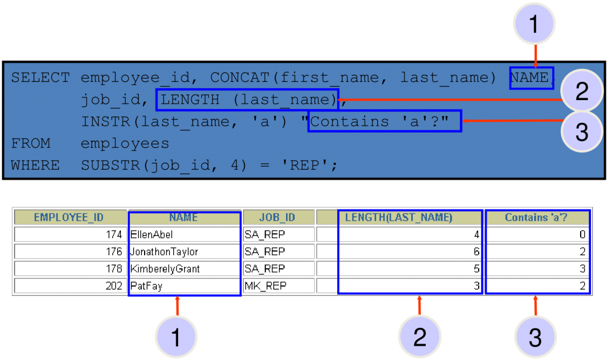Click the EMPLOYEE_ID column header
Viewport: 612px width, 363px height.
coord(69,218)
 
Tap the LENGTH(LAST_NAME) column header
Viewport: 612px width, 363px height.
coord(398,218)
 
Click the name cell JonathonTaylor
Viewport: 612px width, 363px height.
coord(164,252)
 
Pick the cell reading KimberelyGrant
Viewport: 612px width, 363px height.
coord(165,269)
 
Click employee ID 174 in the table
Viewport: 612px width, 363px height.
coord(114,234)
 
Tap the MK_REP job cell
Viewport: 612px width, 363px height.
coord(266,286)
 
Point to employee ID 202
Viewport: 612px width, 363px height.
coord(114,286)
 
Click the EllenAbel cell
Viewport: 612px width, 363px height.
coord(152,234)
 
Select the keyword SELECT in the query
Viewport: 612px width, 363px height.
coord(40,78)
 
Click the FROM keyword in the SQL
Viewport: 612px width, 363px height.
coord(31,143)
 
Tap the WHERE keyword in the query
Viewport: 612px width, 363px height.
coord(36,165)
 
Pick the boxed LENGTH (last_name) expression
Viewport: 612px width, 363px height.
coord(248,100)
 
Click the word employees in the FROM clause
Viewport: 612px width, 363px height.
coord(125,144)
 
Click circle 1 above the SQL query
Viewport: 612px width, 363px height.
coord(534,24)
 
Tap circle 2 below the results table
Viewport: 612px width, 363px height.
coord(419,337)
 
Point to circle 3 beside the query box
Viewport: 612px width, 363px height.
coord(582,131)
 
